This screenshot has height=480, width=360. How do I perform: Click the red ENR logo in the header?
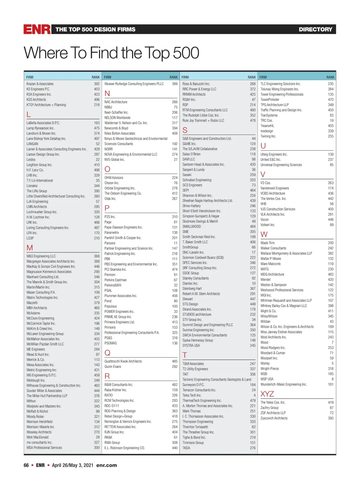coord(37,29)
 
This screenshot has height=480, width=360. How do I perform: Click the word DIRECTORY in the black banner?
coord(315,29)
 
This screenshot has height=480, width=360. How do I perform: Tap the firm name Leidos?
coord(31,160)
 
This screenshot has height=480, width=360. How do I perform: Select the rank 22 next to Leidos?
coord(97,160)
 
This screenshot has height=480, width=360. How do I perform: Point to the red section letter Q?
coord(107,352)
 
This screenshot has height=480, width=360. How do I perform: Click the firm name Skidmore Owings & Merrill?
coord(200,221)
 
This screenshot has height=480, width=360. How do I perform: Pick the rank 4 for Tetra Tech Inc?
coord(254,395)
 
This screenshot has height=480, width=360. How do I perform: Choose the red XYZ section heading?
coord(267,394)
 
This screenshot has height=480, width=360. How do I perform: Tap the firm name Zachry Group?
coord(269,408)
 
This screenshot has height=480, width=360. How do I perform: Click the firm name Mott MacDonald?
coord(37,437)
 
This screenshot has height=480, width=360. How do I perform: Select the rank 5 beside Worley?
coord(332,363)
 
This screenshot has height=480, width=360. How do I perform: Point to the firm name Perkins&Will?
coord(113,285)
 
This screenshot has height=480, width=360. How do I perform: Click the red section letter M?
coord(30,248)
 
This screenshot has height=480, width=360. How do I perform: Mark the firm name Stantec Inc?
coord(190,283)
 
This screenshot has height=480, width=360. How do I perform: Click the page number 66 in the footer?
coord(26,465)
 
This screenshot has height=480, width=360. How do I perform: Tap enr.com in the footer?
coord(106,465)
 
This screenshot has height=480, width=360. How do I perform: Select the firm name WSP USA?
coord(267,379)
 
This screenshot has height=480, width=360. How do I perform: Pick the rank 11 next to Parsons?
coord(175,243)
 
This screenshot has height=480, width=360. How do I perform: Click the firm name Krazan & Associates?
coord(40,84)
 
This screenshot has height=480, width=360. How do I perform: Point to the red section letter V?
coord(263,175)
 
